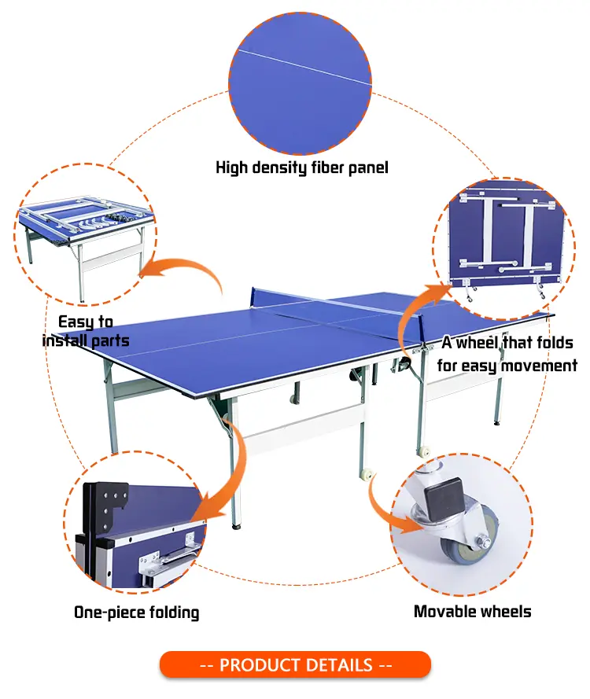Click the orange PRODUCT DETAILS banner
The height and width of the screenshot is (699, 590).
click(295, 664)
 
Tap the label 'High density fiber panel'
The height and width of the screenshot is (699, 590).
click(302, 167)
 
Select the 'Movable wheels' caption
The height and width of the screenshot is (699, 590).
click(472, 611)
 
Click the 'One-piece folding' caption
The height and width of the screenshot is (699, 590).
click(136, 613)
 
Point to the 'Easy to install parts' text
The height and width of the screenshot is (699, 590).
click(86, 331)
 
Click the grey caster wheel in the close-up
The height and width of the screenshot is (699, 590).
click(468, 543)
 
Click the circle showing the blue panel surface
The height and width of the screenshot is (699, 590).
click(301, 84)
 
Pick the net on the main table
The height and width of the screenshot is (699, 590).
click(337, 305)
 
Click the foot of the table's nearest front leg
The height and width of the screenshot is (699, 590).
click(236, 526)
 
